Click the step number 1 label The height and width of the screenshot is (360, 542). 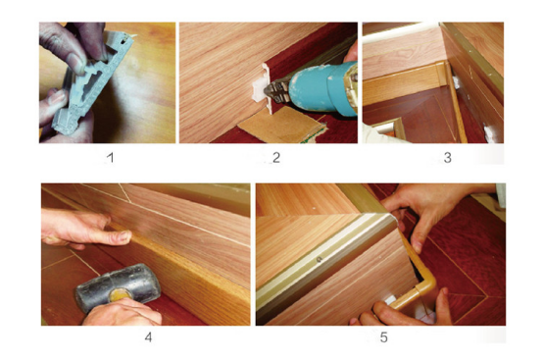(x=111, y=158)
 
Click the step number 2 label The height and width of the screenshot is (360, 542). (x=275, y=158)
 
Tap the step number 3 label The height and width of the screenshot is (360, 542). (x=447, y=158)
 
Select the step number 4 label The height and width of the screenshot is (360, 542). (x=148, y=337)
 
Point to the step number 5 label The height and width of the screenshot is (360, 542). (x=383, y=337)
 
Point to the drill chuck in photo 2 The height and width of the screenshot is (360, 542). (x=276, y=91)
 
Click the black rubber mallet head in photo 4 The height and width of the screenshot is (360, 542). (x=118, y=287)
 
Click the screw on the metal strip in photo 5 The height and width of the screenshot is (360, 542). (x=320, y=259)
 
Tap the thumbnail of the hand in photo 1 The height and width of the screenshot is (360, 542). (x=75, y=63)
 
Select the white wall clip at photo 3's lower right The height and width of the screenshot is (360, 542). (x=489, y=134)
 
